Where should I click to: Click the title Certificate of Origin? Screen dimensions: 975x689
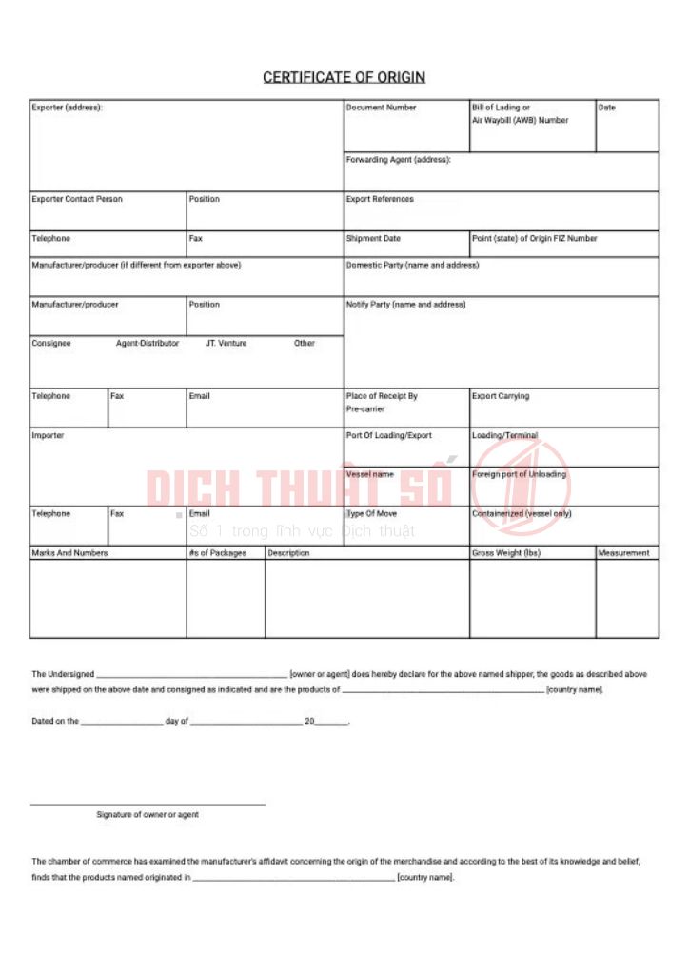pyautogui.click(x=344, y=77)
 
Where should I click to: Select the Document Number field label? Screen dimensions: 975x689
pyautogui.click(x=381, y=108)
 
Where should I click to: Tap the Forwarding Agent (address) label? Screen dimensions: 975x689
pyautogui.click(x=398, y=160)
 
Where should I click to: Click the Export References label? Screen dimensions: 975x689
pyautogui.click(x=380, y=199)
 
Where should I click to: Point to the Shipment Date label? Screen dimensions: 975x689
pyautogui.click(x=373, y=238)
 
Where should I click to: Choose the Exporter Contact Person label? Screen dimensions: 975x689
pyautogui.click(x=77, y=199)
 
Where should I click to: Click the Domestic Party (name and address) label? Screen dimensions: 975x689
pyautogui.click(x=412, y=265)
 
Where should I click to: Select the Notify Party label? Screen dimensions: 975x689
pyautogui.click(x=405, y=305)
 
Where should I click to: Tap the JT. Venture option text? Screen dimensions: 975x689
pyautogui.click(x=226, y=343)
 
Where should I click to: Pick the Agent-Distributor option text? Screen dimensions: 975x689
pyautogui.click(x=148, y=343)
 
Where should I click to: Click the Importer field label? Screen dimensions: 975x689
pyautogui.click(x=49, y=435)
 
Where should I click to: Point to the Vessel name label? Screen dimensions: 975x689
pyautogui.click(x=369, y=474)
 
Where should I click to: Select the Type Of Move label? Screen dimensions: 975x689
pyautogui.click(x=371, y=513)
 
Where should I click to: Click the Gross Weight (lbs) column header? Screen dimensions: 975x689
pyautogui.click(x=505, y=553)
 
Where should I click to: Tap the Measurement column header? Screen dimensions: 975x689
pyautogui.click(x=624, y=553)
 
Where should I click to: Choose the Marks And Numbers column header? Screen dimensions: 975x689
pyautogui.click(x=69, y=553)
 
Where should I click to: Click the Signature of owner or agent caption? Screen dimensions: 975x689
pyautogui.click(x=148, y=815)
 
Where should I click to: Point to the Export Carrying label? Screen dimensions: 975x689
pyautogui.click(x=501, y=396)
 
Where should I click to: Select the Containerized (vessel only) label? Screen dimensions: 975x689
pyautogui.click(x=522, y=513)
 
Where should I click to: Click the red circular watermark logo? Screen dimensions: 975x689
pyautogui.click(x=522, y=487)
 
